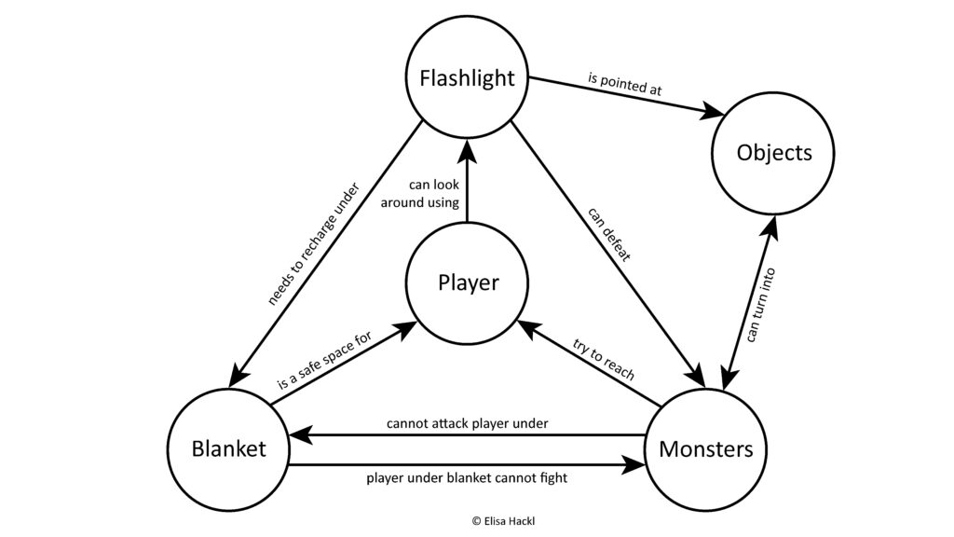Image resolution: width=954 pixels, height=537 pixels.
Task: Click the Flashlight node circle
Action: (x=467, y=77)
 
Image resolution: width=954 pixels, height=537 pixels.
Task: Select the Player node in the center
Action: (x=467, y=282)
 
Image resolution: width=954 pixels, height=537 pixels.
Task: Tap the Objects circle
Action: (x=773, y=152)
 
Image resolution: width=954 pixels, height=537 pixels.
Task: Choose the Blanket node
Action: (x=228, y=448)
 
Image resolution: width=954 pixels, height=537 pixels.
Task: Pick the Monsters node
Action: (x=705, y=448)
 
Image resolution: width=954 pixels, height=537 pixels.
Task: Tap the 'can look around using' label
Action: (x=421, y=193)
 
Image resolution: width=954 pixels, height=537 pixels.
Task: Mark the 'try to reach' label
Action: (x=604, y=360)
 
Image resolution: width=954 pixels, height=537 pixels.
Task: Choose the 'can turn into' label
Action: (x=760, y=306)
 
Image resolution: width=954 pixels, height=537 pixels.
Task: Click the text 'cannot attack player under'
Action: (x=467, y=423)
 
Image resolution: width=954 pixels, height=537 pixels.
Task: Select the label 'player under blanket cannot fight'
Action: (x=467, y=478)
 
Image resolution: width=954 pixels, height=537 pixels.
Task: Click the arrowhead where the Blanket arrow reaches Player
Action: (x=407, y=328)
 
